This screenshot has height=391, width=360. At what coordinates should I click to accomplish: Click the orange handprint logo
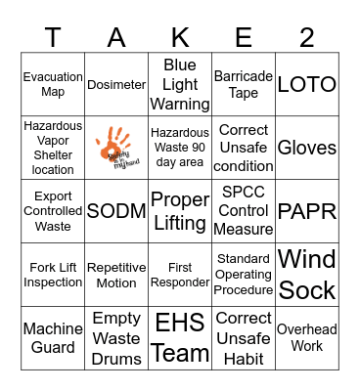coord(115,147)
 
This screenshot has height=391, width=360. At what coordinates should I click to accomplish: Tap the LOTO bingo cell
coord(307,84)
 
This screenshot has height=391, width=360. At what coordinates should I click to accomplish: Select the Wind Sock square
coord(307,275)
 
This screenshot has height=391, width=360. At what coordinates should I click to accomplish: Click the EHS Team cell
coord(180,338)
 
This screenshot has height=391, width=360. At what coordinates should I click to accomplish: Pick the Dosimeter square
coord(116,85)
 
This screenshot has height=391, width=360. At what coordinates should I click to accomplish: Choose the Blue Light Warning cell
coord(180,84)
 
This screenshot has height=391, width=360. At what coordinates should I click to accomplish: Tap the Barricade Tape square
coord(244,84)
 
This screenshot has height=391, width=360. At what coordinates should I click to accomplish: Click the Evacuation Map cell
coord(53,84)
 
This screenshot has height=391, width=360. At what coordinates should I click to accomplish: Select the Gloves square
coord(307,148)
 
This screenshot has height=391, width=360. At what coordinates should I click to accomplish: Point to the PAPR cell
coord(307,211)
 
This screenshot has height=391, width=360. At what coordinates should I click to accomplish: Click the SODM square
coord(116,211)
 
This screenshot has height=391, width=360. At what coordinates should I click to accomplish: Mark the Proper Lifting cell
coord(180,211)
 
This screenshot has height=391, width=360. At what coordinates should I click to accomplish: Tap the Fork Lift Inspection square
coord(53,275)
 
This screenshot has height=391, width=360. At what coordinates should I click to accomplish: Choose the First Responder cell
coord(180,275)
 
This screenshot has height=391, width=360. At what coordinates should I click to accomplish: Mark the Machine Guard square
coord(53,338)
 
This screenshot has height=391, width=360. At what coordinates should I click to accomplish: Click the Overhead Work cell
coord(307,338)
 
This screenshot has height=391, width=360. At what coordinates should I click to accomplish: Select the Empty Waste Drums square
coord(116,338)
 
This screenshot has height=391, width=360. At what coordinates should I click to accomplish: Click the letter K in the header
coord(180,37)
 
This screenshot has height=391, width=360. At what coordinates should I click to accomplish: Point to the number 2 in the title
coord(307,37)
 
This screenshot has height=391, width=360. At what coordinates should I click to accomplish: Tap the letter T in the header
coord(53,37)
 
